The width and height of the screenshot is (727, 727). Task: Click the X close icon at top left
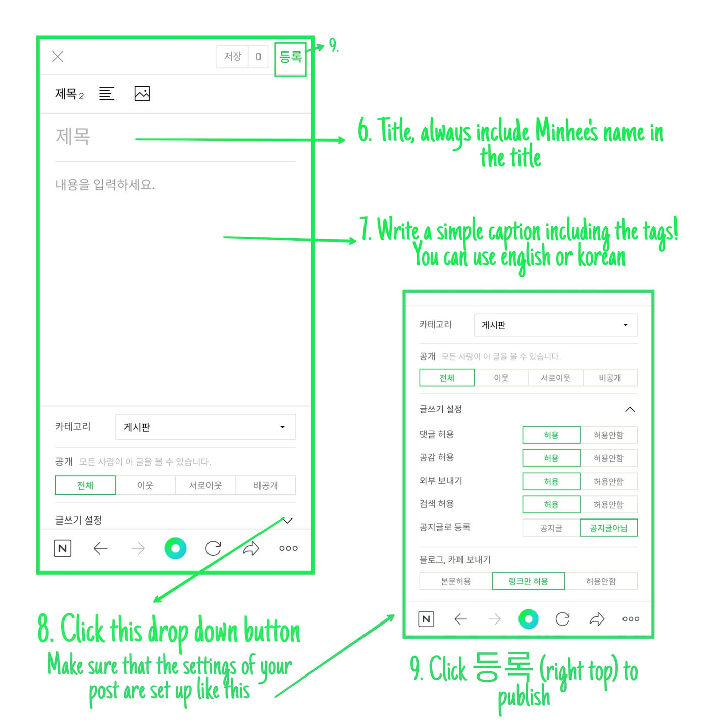[x=58, y=57]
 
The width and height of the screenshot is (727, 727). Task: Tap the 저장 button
[x=232, y=57]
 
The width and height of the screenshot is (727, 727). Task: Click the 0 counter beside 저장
[x=258, y=57]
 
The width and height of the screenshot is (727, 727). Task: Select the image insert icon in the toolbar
[x=142, y=93]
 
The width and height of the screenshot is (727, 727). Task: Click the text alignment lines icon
[x=107, y=93]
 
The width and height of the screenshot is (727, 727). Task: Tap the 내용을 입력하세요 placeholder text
[x=105, y=184]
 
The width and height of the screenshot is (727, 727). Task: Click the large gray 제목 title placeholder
[x=73, y=136]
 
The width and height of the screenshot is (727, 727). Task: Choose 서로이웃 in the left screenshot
[x=205, y=485]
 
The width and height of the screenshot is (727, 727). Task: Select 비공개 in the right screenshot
[x=610, y=378]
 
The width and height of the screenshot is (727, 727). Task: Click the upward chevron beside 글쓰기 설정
[x=630, y=410]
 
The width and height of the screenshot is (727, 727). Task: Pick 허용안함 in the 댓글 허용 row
[x=608, y=435]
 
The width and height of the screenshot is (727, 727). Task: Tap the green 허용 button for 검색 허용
[x=551, y=504]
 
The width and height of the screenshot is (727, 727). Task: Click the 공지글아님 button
[x=608, y=528]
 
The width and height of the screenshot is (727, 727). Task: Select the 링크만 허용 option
[x=528, y=581]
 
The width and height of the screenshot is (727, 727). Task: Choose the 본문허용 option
[x=456, y=581]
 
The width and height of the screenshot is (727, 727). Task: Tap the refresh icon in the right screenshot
[x=562, y=619]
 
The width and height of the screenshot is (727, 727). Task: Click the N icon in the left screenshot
[x=63, y=548]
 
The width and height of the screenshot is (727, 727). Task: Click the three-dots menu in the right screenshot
[x=631, y=619]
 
